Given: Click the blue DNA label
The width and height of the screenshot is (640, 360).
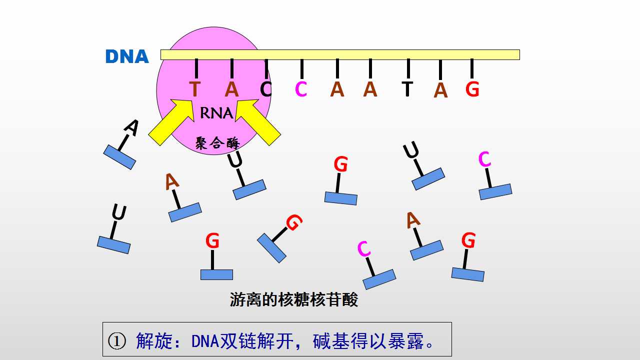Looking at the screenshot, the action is point(127,56).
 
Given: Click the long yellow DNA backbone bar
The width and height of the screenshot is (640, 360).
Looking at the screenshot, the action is point(340,54).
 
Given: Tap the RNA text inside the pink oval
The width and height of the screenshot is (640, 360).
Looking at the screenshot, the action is point(216,113).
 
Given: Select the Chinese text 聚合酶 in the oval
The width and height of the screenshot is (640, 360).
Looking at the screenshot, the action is point(217,143).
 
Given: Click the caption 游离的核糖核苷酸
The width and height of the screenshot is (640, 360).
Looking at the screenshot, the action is point(293,299).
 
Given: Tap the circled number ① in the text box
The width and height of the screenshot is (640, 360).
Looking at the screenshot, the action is point(117,341).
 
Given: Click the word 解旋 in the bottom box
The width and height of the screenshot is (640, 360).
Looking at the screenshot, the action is point(154,341).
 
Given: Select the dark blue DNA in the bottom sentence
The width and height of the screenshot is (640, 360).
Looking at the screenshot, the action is point(205,341).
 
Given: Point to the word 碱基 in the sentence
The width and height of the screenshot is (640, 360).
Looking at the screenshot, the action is point(331,341).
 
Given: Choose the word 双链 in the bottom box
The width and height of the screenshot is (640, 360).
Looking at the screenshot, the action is point(237,341).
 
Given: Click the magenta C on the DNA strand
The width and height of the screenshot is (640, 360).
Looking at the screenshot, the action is point(301,89).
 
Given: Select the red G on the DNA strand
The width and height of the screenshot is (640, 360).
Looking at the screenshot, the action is point(472,89).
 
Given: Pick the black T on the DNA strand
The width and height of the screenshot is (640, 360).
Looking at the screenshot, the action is point(407,89).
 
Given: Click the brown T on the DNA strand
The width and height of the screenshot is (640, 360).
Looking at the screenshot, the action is point(195,89).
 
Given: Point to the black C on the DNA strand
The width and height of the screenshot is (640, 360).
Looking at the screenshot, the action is point(265,89).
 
